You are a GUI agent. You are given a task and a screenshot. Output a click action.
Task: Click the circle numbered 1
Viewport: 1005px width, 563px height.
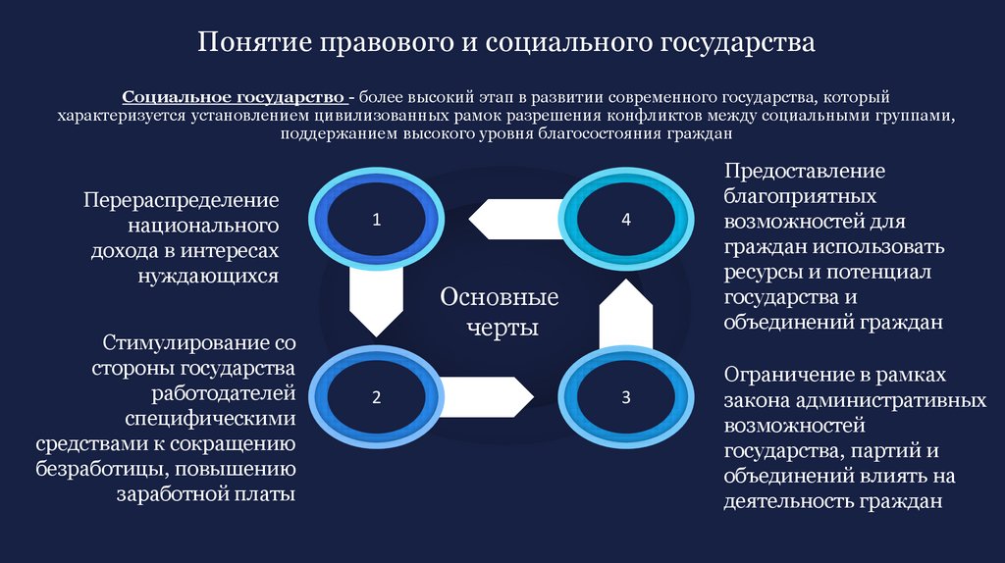tap(375, 220)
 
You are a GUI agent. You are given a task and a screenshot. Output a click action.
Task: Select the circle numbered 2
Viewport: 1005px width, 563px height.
tap(375, 397)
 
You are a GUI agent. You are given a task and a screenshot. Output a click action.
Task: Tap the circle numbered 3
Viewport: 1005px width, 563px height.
tap(626, 397)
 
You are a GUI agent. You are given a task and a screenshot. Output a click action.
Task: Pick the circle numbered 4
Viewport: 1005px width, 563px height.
tap(626, 220)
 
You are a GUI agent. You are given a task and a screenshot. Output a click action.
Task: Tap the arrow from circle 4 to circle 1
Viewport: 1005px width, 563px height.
tap(515, 218)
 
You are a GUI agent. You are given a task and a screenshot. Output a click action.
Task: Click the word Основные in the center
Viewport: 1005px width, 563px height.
tap(500, 297)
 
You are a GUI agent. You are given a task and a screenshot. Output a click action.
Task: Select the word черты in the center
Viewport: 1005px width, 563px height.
tap(501, 327)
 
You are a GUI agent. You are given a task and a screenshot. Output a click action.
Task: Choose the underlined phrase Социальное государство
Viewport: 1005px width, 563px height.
tap(233, 98)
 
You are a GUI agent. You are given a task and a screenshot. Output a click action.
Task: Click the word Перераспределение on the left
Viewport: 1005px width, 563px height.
tap(182, 199)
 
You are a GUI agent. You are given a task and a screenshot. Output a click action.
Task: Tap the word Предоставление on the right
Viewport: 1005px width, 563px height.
tap(805, 171)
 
